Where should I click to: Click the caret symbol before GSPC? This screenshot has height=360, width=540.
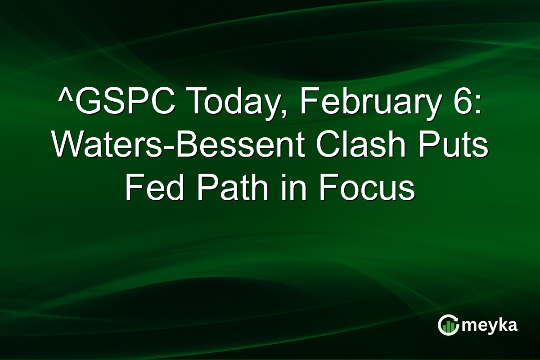pos(64,95)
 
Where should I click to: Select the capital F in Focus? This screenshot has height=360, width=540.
pos(328,188)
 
